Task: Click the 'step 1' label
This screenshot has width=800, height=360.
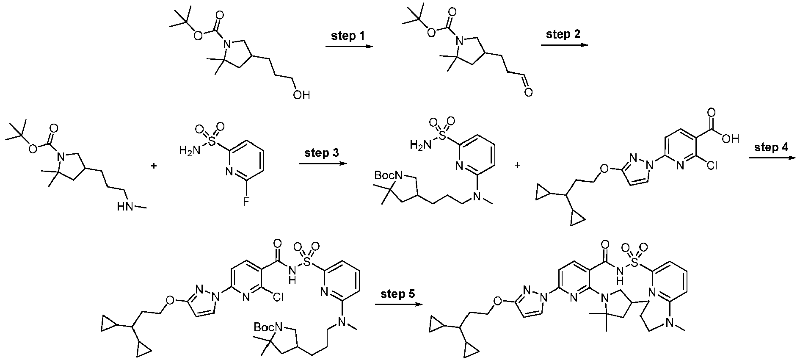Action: [348, 36]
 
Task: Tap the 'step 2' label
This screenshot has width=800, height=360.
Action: [563, 34]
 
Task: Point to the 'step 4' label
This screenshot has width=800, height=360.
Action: [772, 148]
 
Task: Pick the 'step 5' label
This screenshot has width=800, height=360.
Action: [398, 294]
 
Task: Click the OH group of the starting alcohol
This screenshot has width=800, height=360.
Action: [301, 95]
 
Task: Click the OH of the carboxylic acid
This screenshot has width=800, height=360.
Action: [730, 138]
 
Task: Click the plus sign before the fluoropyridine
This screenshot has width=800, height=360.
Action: [154, 166]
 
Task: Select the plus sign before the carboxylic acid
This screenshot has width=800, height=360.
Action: [517, 165]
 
